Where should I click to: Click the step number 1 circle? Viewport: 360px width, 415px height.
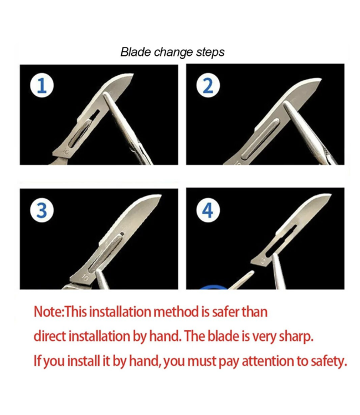point(42,85)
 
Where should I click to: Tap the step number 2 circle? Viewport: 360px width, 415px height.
point(208,85)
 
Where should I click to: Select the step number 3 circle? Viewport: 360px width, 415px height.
point(42,210)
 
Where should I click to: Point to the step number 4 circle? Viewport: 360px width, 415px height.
point(208,210)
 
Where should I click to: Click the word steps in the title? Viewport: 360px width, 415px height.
point(210,53)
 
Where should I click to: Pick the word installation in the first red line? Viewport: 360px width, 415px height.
point(120,312)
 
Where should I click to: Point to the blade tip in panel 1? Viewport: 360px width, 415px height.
point(133,75)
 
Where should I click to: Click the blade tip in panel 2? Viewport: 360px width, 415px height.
point(321,79)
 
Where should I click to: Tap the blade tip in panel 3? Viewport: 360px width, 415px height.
point(161,195)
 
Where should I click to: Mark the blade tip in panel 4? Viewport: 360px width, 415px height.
point(331,195)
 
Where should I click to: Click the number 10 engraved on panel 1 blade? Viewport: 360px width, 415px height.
point(65,152)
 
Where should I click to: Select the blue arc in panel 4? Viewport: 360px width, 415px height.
point(214,287)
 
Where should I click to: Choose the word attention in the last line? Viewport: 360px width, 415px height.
point(268,361)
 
